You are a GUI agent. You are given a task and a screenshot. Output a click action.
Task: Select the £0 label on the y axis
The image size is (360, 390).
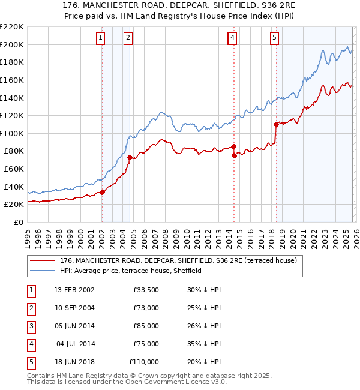19,222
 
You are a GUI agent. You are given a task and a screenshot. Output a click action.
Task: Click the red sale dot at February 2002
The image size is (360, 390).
102,192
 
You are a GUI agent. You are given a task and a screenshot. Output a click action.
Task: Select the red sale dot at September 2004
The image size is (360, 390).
130,157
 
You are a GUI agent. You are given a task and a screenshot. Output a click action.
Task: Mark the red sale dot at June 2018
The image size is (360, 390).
276,124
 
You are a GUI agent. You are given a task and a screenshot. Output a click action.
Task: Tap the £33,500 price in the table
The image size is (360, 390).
146,290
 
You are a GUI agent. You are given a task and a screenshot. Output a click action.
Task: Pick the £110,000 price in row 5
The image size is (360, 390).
144,362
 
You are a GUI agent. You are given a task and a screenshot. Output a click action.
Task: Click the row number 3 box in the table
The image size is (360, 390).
31,326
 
